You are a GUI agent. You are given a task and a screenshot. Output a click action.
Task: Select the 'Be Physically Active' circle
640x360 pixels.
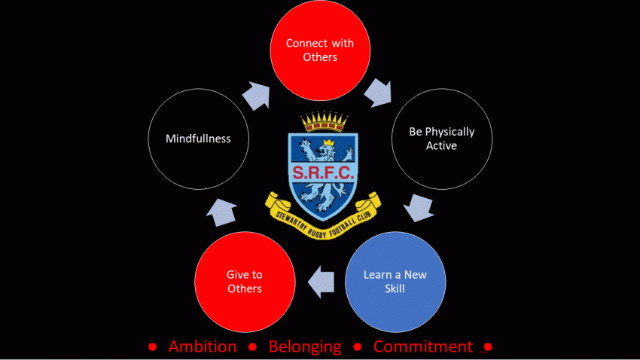[442, 139]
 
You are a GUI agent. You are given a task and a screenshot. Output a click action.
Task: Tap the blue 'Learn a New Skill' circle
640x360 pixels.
[395, 280]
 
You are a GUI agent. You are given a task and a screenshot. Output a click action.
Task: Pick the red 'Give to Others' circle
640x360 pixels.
[245, 280]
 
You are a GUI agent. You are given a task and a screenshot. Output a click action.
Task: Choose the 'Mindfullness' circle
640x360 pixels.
[198, 139]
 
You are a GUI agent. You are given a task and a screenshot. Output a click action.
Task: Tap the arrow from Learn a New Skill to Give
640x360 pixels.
[322, 281]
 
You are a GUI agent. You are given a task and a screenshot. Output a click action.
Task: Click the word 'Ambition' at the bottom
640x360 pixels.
[203, 346]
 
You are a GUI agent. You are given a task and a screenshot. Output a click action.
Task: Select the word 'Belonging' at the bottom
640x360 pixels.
[306, 346]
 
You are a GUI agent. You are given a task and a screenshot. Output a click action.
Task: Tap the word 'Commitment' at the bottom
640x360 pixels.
[423, 346]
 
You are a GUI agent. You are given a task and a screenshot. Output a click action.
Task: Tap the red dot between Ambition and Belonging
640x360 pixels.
[254, 347]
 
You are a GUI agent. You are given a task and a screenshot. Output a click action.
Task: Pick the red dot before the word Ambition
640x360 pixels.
[152, 347]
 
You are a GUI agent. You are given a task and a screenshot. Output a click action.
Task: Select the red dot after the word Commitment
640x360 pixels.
[487, 347]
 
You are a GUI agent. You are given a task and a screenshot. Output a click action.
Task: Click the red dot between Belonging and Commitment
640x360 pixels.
[358, 347]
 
